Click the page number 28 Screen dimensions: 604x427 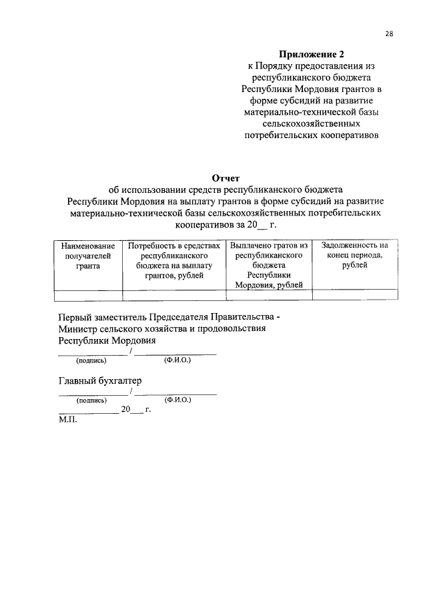point(389,34)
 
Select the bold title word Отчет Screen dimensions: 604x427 point(226,178)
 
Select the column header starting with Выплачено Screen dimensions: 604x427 point(270,265)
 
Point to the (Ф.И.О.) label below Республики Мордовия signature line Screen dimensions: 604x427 point(177,360)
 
